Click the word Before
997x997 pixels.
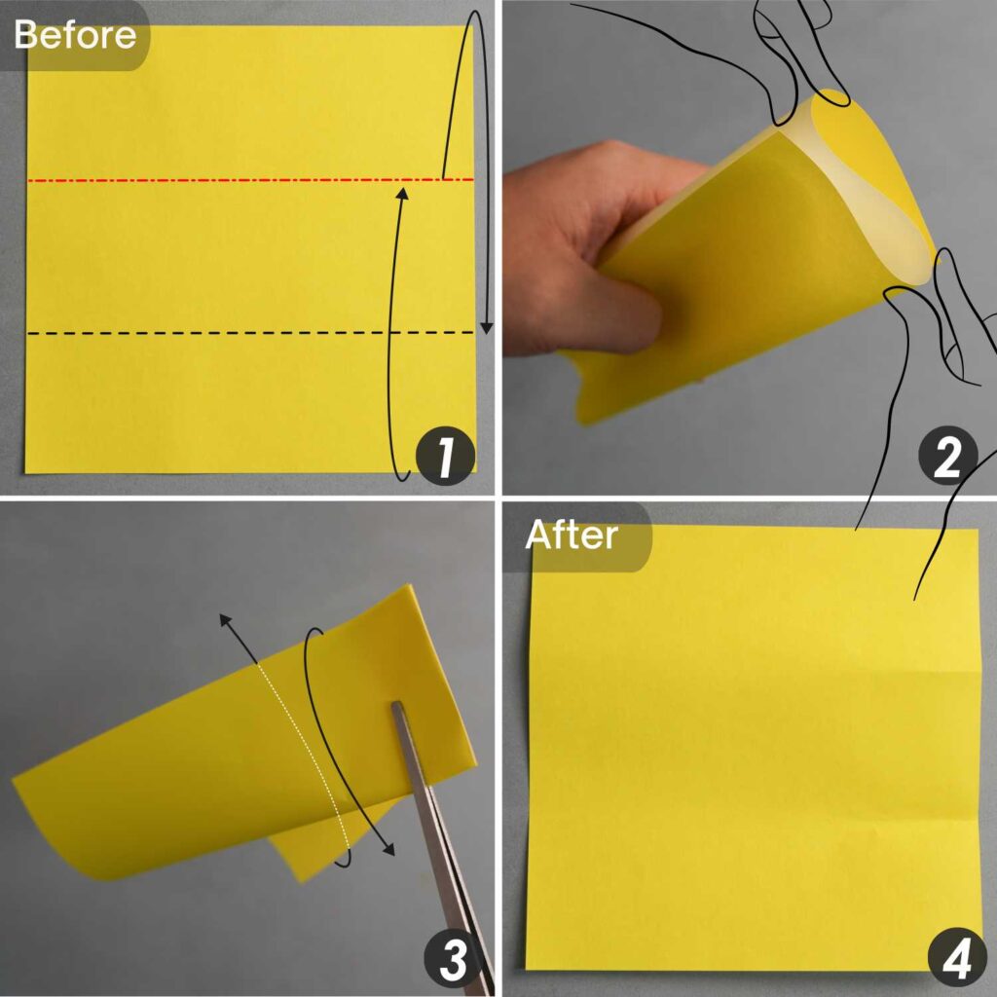click(75, 35)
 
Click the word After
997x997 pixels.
click(571, 535)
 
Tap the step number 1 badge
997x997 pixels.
click(444, 458)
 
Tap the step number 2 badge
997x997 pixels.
click(946, 458)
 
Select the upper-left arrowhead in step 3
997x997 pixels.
click(225, 620)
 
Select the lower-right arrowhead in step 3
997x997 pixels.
click(388, 849)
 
